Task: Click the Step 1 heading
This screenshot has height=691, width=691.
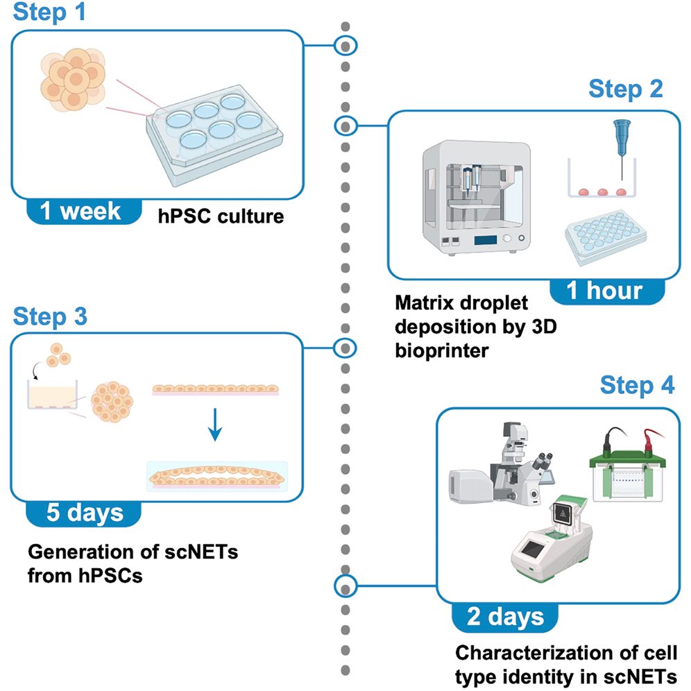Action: pos(49,13)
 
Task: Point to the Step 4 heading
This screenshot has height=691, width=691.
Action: pos(636,386)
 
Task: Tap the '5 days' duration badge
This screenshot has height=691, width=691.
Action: pos(84,513)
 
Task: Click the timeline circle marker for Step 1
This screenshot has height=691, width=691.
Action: pos(345,46)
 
